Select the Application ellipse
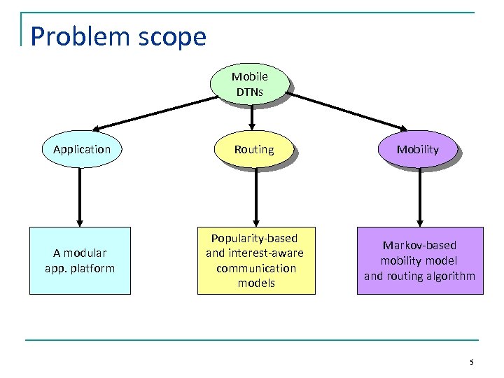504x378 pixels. click(81, 149)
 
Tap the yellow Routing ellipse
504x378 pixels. click(254, 149)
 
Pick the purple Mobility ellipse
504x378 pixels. click(417, 149)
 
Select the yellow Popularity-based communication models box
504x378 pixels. click(255, 260)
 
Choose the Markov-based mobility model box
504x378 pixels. click(419, 260)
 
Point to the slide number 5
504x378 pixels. click(471, 362)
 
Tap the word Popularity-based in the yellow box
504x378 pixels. click(255, 239)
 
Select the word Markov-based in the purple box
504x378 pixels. click(419, 246)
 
